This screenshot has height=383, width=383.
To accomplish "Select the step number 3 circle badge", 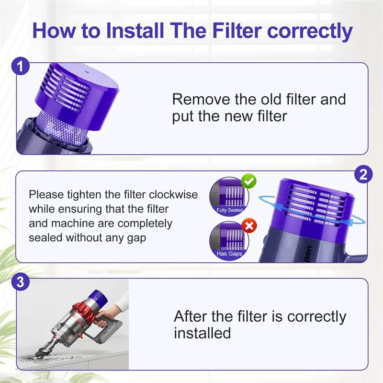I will point(20,282).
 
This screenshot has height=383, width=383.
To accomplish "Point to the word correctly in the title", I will point(310,32).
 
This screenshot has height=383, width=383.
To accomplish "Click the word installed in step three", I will point(202,333).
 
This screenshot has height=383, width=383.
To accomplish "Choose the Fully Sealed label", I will point(229,210).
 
